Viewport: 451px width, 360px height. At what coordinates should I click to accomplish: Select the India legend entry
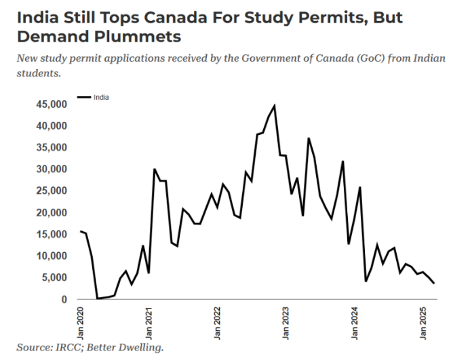click(x=100, y=98)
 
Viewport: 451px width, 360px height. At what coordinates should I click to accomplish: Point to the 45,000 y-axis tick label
click(x=50, y=104)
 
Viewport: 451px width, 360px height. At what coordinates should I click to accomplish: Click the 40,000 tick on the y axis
click(x=50, y=126)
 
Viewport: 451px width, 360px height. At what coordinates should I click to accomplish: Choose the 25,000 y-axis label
click(x=50, y=191)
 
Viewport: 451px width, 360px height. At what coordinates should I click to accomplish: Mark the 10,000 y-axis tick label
click(x=50, y=256)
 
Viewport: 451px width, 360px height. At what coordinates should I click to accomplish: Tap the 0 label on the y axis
click(x=63, y=300)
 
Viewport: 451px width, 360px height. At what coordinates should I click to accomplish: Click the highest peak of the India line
click(x=275, y=105)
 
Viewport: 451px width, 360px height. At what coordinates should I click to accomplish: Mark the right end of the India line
click(x=434, y=283)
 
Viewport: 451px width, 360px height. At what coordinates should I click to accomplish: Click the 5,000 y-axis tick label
click(x=52, y=278)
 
